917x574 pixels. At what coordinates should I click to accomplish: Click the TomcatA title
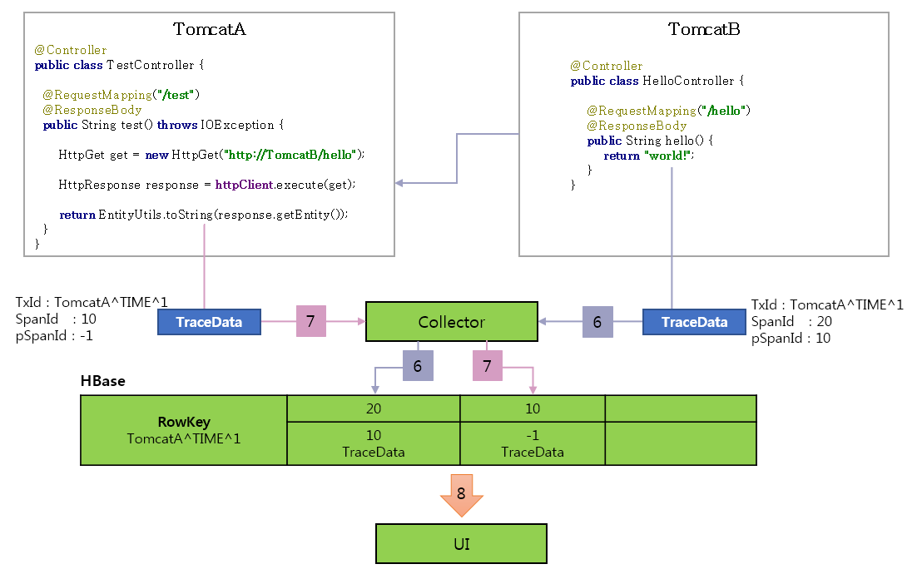point(209,29)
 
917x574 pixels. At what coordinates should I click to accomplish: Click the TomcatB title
point(704,29)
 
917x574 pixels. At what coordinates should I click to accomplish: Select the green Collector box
point(451,322)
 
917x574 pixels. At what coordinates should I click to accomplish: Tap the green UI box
point(462,544)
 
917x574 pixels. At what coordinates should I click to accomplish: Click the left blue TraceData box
point(209,322)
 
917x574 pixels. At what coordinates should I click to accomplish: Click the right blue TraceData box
point(694,322)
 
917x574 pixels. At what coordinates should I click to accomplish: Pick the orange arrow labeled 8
point(461,493)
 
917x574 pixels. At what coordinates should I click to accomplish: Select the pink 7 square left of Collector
point(310,321)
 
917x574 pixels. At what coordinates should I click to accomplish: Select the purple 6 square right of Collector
point(597,321)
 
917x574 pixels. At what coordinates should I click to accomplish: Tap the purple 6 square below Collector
point(418,365)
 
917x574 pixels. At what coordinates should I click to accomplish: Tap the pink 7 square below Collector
point(488,365)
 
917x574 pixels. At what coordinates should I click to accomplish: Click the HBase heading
point(102,381)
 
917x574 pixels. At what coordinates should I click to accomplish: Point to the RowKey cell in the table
point(183,429)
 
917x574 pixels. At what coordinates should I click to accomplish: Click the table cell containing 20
point(373,408)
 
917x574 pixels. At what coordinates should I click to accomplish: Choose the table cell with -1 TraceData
point(533,443)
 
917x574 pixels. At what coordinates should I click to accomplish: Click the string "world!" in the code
point(668,156)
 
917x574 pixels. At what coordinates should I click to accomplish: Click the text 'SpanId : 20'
point(790,321)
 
